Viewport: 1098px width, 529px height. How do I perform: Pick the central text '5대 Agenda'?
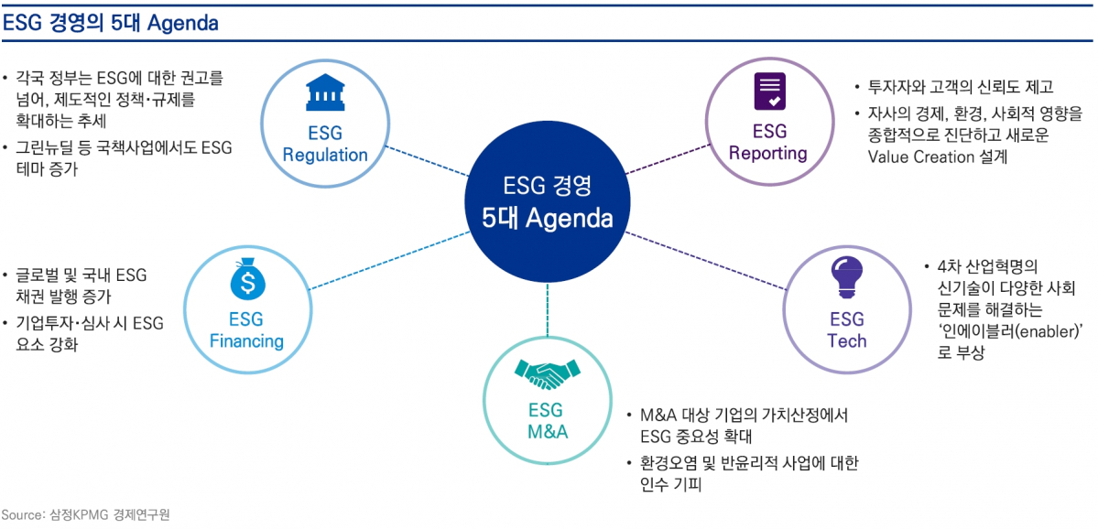pyautogui.click(x=547, y=220)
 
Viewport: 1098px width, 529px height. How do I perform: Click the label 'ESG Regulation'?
pyautogui.click(x=325, y=144)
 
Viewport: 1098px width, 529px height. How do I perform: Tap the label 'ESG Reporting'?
pyautogui.click(x=768, y=142)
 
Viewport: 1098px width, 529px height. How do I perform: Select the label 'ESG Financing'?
pyautogui.click(x=247, y=330)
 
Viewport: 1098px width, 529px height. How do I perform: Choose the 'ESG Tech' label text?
pyautogui.click(x=847, y=329)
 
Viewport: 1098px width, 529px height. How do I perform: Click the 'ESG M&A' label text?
pyautogui.click(x=548, y=421)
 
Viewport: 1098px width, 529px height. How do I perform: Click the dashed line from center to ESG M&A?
pyautogui.click(x=548, y=307)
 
